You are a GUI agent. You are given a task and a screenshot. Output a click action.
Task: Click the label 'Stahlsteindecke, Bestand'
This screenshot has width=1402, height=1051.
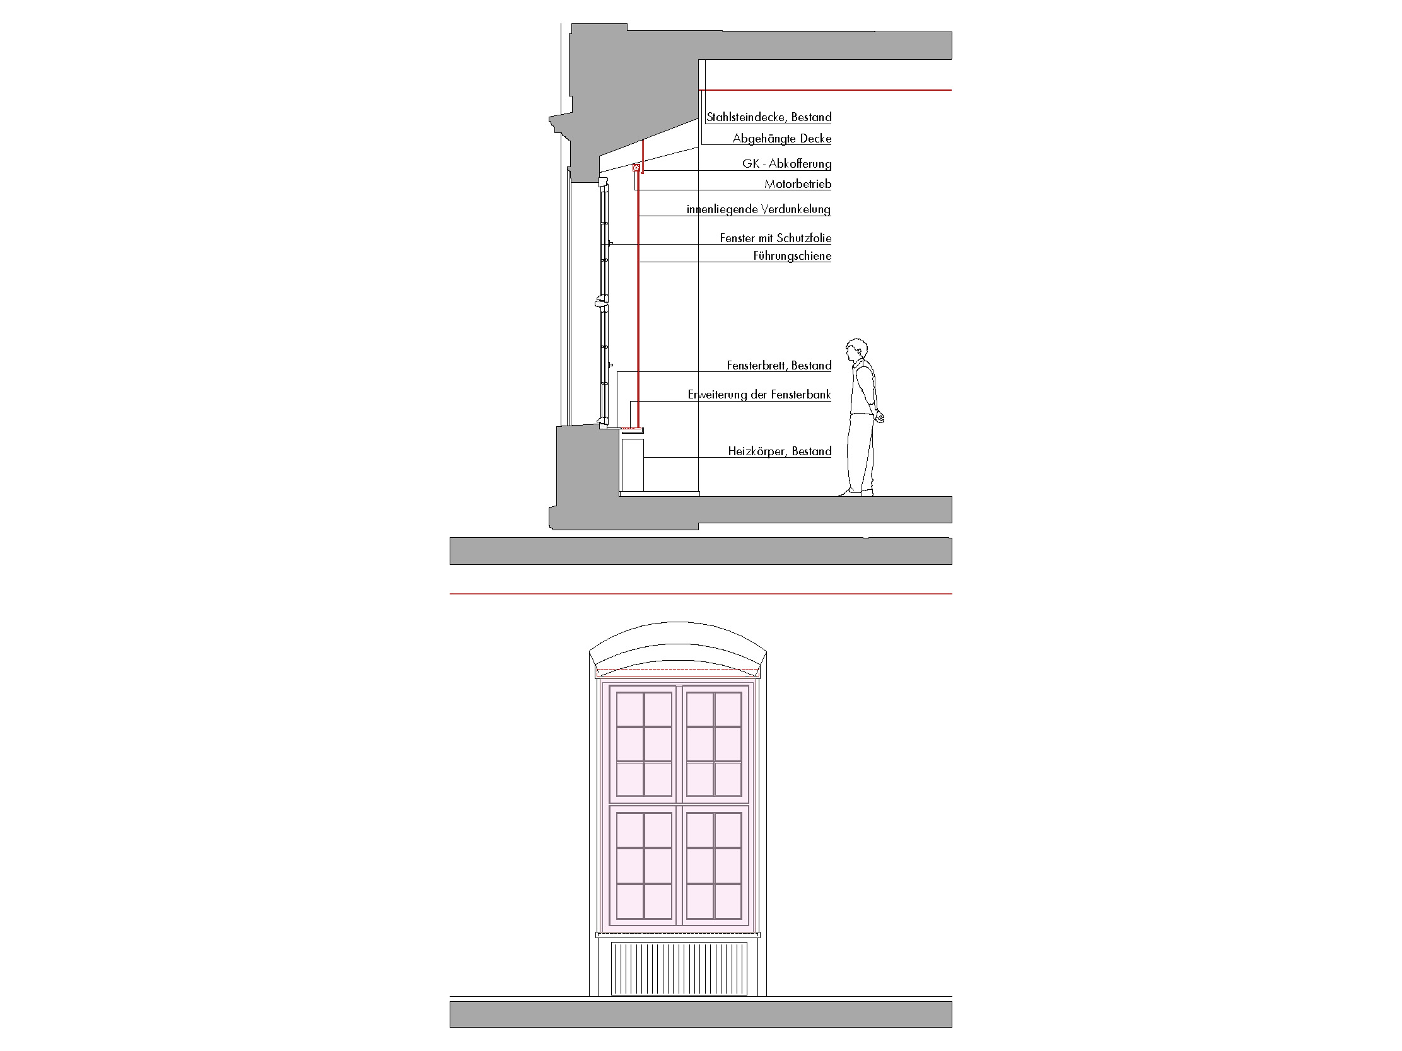769,117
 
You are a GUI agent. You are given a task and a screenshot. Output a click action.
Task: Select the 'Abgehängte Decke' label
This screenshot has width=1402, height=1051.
782,139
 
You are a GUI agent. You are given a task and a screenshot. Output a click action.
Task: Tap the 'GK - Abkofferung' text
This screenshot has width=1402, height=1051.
786,164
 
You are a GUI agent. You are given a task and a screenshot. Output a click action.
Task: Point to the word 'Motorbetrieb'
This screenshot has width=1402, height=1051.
797,184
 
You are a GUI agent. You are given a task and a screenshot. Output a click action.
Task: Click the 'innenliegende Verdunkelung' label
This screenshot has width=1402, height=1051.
759,209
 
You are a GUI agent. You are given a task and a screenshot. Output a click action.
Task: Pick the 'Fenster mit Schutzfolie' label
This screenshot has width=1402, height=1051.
775,238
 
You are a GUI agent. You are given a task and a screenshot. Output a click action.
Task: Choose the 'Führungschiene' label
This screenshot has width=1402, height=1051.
792,256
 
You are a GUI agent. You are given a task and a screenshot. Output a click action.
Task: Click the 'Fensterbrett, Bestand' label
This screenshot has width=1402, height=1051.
779,366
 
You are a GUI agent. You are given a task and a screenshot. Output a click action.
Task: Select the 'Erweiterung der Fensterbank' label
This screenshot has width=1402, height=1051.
759,395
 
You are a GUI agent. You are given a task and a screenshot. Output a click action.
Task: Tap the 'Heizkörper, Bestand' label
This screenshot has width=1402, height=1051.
780,451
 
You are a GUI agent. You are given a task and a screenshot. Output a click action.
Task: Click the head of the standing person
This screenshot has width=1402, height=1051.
857,351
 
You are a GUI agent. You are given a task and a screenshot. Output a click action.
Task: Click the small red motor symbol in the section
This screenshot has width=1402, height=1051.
636,168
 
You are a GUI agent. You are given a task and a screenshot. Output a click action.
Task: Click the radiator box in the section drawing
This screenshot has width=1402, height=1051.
633,465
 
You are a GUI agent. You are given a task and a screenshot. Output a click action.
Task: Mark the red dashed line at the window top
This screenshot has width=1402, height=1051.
678,669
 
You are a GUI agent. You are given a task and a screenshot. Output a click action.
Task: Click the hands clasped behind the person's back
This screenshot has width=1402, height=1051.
879,415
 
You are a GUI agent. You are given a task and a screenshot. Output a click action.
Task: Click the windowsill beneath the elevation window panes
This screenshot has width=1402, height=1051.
678,934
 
